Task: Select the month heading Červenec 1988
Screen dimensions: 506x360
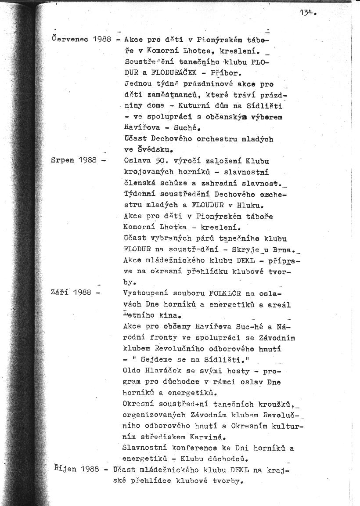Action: click(x=81, y=39)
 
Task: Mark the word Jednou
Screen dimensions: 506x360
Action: click(x=138, y=83)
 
